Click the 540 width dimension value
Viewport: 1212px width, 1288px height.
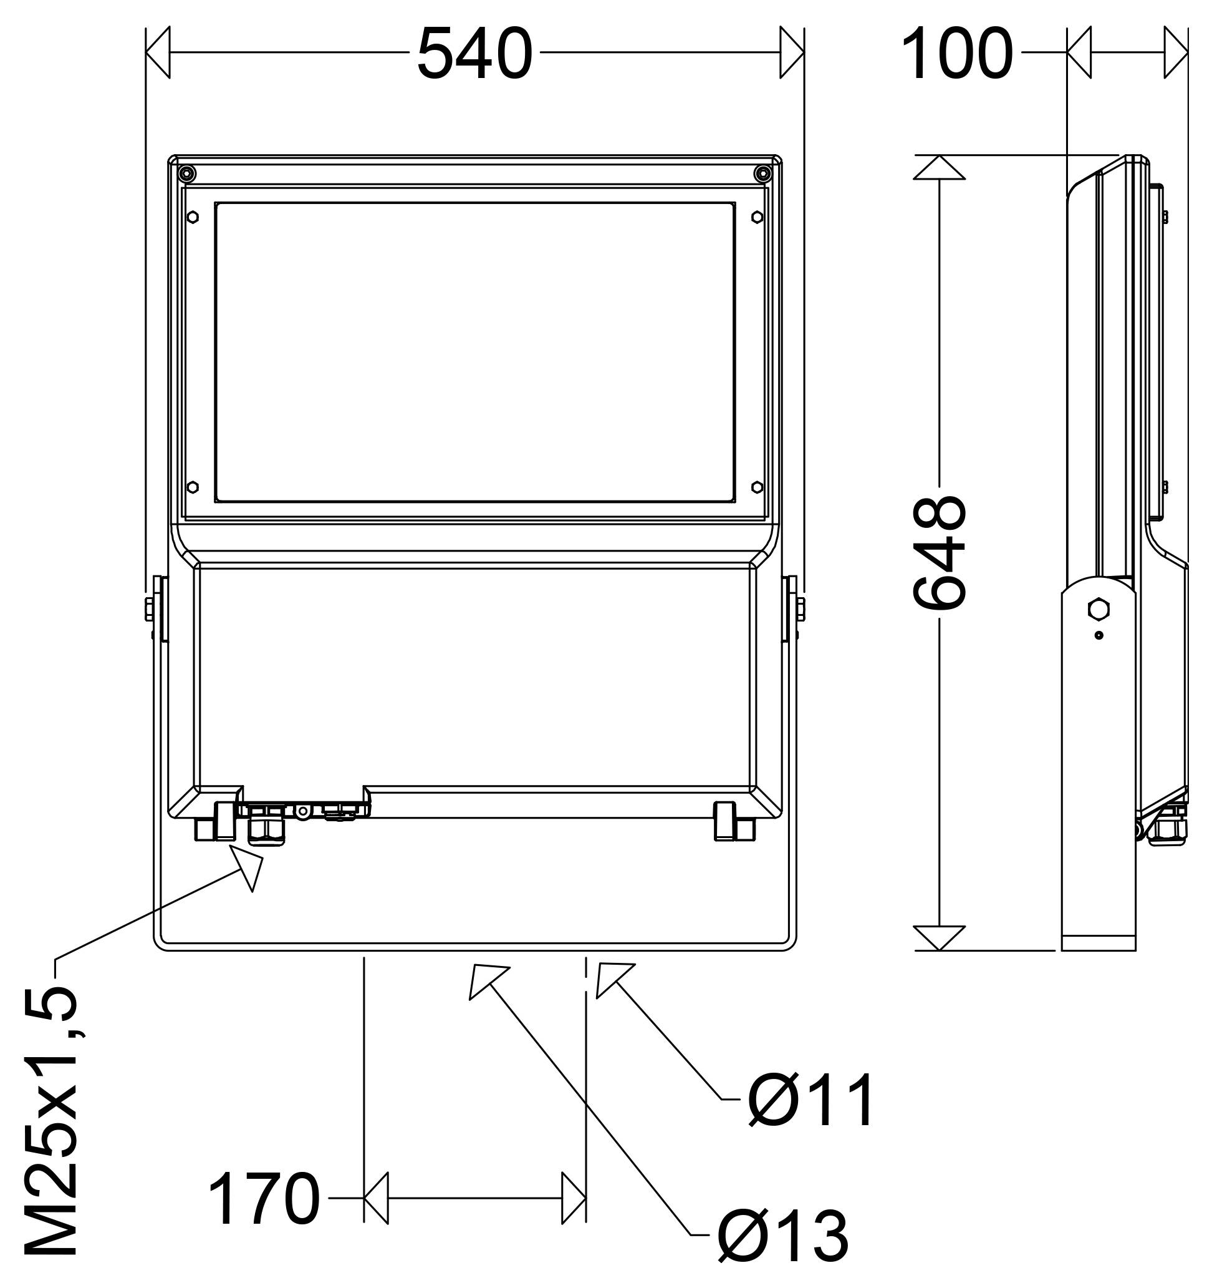point(474,54)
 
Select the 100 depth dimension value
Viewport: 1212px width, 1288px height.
point(957,54)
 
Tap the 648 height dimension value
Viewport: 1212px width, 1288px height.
point(940,552)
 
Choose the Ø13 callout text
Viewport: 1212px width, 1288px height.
point(784,1235)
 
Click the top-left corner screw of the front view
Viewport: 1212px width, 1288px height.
point(186,173)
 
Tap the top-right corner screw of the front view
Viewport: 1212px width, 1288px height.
point(762,173)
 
